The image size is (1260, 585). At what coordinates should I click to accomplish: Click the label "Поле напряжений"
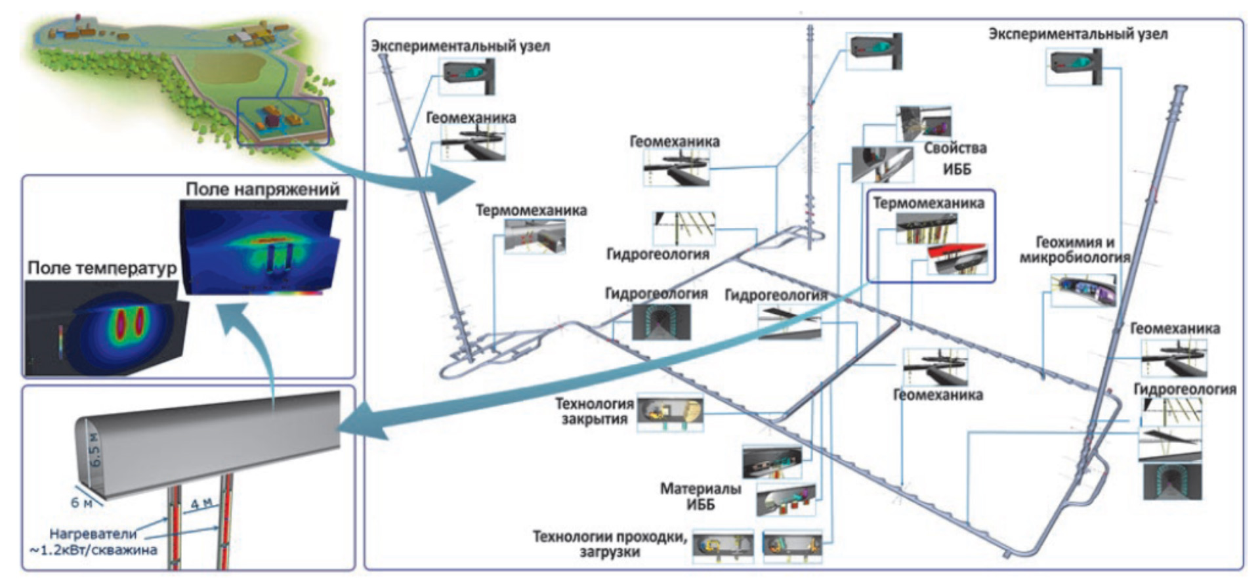[262, 189]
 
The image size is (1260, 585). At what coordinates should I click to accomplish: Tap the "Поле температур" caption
[102, 268]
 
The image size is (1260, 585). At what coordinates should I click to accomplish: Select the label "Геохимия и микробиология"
[1074, 250]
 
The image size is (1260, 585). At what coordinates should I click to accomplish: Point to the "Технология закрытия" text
[594, 412]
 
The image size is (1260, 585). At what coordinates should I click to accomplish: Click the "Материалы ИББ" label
[700, 496]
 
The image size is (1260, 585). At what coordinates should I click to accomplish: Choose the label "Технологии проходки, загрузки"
[610, 544]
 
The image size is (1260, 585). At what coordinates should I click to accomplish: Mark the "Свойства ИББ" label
[955, 158]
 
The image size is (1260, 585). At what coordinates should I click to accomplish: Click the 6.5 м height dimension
[95, 450]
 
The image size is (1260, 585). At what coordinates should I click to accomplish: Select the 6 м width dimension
[81, 502]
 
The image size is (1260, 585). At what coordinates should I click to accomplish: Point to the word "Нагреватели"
[93, 534]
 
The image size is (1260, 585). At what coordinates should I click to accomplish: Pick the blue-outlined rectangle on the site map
[283, 121]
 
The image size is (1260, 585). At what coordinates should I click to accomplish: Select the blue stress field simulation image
[262, 248]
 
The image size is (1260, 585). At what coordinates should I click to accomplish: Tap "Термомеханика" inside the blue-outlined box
[928, 204]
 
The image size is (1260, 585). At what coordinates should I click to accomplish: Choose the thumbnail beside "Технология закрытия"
[669, 413]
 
